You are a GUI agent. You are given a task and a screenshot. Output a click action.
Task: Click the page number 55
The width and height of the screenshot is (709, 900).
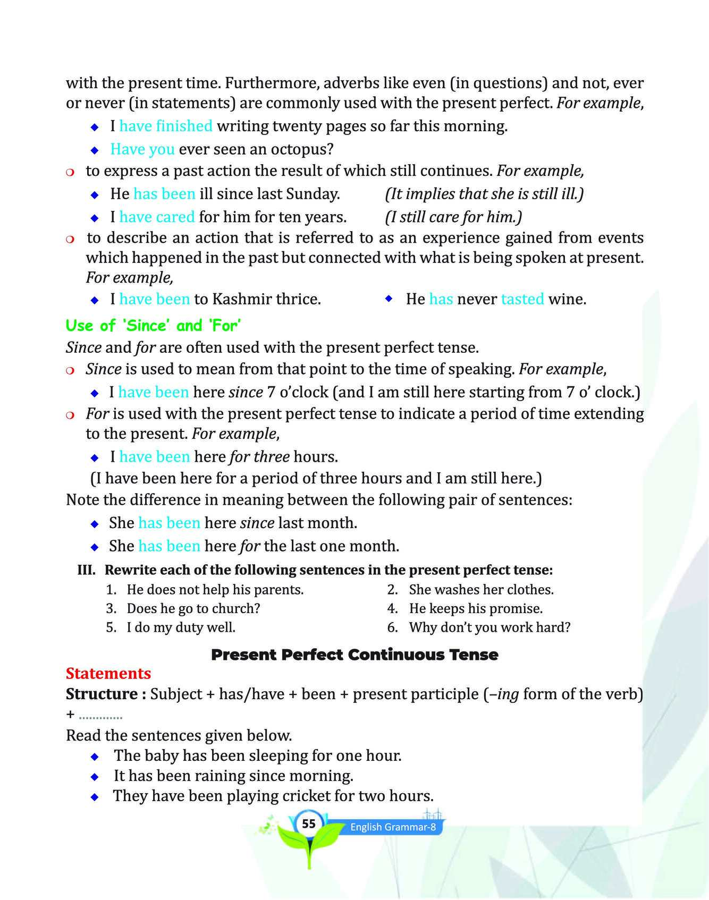(308, 824)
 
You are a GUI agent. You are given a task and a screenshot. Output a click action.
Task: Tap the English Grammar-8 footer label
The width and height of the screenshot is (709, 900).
(393, 827)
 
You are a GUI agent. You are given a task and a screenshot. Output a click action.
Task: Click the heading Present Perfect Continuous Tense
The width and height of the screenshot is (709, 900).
(354, 655)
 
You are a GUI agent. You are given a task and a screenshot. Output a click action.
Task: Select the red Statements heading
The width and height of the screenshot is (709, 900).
(108, 673)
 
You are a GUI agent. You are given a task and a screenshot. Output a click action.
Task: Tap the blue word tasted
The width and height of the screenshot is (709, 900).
(522, 299)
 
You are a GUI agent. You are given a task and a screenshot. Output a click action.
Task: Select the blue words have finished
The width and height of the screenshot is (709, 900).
(166, 126)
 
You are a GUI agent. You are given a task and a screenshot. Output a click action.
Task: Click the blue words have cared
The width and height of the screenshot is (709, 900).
(157, 217)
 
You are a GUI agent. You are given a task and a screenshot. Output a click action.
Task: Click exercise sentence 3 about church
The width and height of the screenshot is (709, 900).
(193, 608)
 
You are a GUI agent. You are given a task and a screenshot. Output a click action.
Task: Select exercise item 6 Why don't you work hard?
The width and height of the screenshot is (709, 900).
(489, 627)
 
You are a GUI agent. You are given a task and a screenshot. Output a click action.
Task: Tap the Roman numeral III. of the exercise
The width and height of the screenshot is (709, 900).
(87, 570)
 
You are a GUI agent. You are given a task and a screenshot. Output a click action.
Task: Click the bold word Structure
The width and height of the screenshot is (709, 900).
(102, 694)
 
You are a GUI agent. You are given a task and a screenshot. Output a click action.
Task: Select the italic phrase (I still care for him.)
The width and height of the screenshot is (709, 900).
(453, 217)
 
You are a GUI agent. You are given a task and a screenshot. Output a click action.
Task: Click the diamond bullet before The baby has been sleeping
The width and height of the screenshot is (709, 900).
(95, 756)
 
